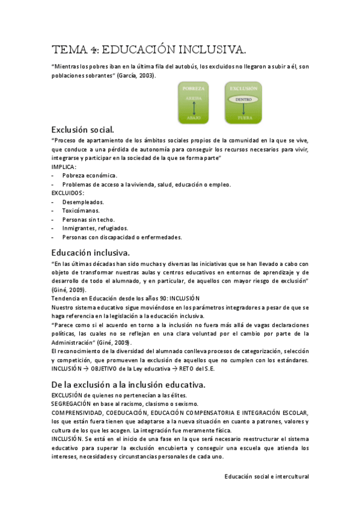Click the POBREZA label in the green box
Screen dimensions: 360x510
tap(194, 88)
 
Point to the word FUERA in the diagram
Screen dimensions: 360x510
tap(243, 118)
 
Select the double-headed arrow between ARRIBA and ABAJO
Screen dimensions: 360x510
tap(194, 107)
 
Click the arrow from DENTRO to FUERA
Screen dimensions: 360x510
tap(243, 108)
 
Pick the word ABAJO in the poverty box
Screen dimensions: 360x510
tap(194, 118)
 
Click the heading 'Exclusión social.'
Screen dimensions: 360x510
tap(82, 129)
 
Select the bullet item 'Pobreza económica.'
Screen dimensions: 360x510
tap(90, 175)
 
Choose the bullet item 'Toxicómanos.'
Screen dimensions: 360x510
tap(81, 210)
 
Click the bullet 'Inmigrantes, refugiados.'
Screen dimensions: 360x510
tap(95, 229)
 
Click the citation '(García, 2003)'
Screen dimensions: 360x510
tap(141, 75)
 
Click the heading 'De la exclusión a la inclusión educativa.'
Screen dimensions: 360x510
tap(129, 384)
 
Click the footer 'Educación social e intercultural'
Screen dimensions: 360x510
tap(266, 476)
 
